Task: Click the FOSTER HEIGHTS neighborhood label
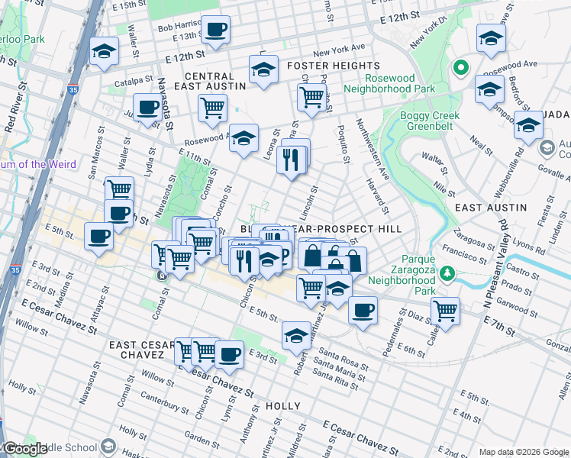[x=333, y=66]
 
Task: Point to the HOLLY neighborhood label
[x=282, y=406]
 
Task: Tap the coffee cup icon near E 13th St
[x=216, y=30]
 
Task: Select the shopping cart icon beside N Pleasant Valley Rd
[x=444, y=311]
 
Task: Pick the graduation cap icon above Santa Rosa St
[x=296, y=334]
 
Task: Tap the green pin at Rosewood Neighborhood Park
[x=460, y=69]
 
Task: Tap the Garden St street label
[x=202, y=440]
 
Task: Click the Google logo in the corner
[x=26, y=448]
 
